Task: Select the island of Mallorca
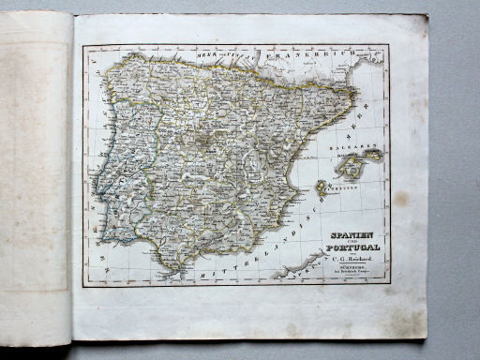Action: (349, 168)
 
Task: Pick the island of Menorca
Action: (373, 156)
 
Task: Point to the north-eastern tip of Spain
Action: (354, 91)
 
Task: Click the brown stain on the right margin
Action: (401, 199)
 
